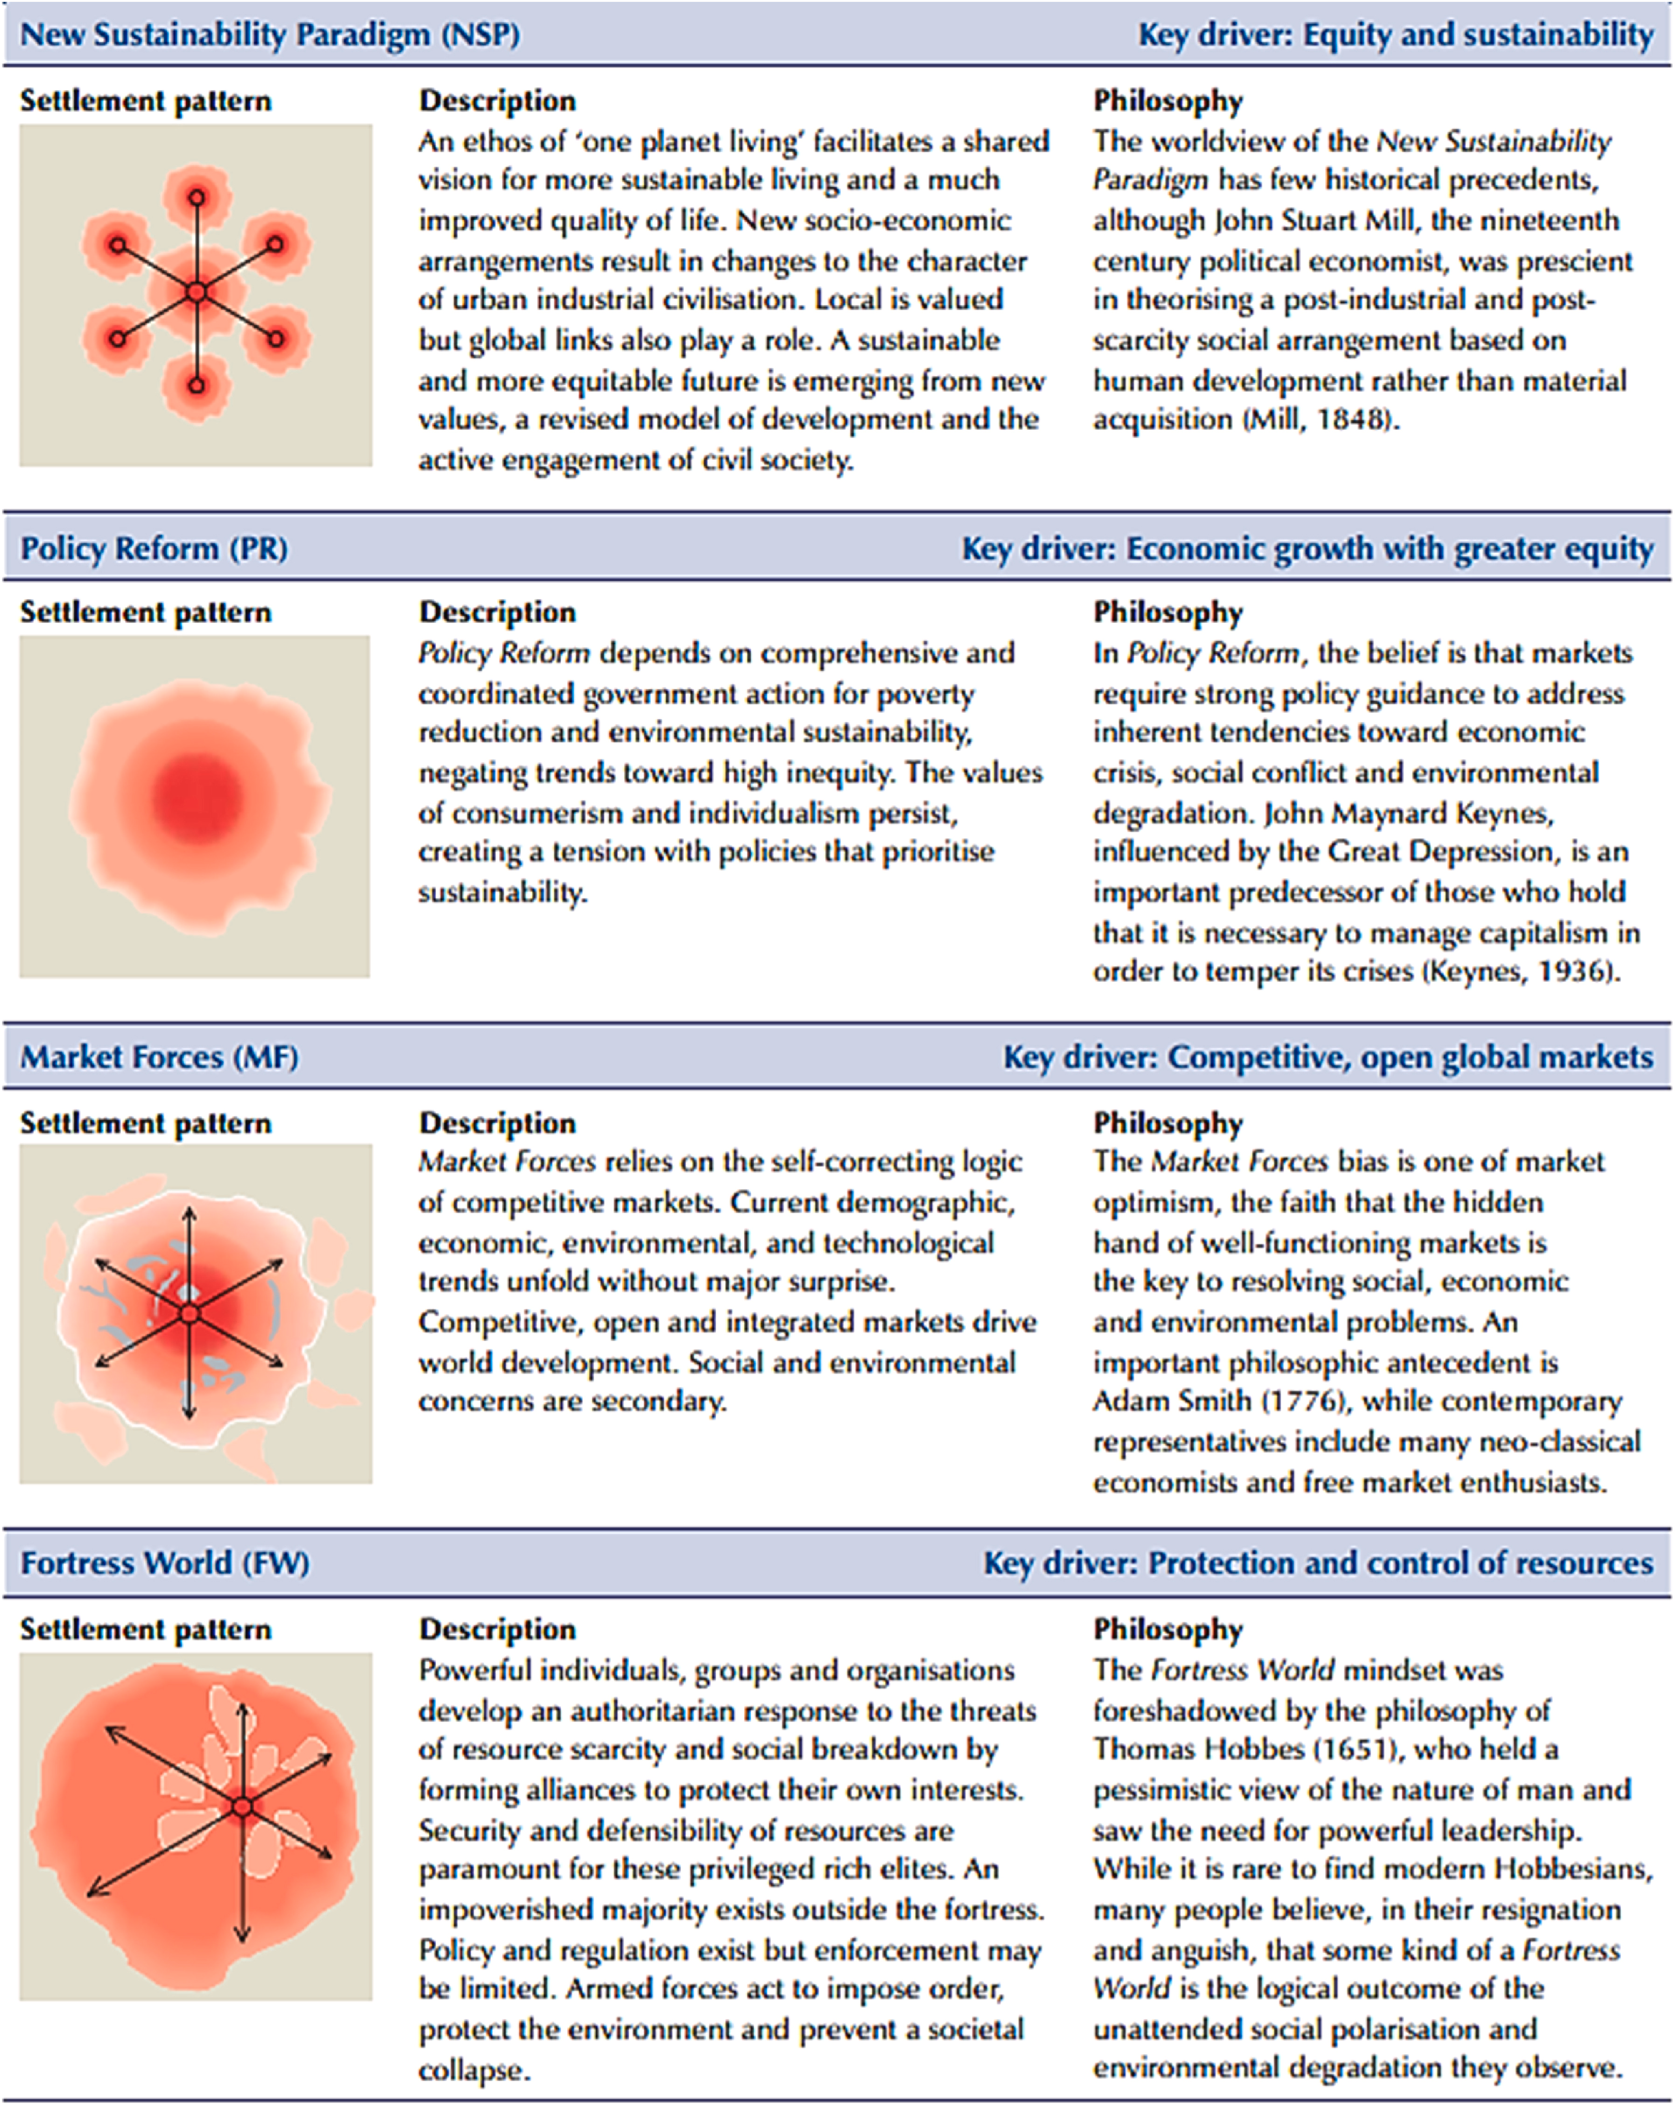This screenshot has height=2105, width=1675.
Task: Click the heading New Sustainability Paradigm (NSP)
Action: click(270, 35)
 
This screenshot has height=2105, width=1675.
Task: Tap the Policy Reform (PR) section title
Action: click(154, 549)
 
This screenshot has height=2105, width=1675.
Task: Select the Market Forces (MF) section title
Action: click(159, 1057)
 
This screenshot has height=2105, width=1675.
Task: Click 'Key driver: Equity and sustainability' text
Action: click(1396, 35)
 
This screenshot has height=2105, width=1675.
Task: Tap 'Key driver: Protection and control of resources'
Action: click(1318, 1563)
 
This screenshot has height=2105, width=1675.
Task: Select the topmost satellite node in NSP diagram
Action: click(196, 197)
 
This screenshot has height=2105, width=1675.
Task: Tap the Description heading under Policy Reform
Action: click(497, 612)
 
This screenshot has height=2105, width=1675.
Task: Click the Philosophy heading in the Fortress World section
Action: click(1168, 1630)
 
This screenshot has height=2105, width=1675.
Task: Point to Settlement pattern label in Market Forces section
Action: click(146, 1124)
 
